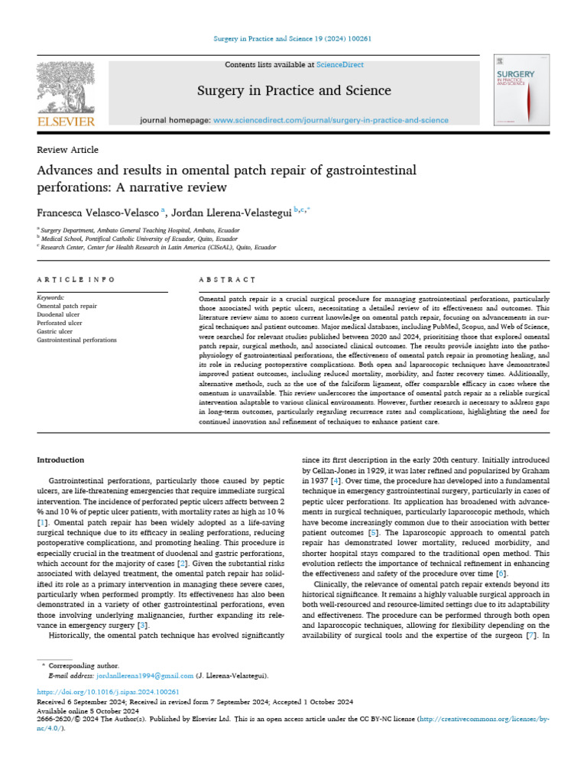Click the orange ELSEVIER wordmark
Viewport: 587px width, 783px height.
tap(66, 122)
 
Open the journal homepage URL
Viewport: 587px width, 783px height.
tap(330, 121)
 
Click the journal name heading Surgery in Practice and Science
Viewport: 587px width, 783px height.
tap(293, 91)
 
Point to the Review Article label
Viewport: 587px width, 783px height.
tap(67, 150)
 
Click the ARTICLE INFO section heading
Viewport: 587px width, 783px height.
tap(76, 280)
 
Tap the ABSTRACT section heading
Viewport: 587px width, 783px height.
tap(226, 280)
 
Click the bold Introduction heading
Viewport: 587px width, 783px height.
tap(60, 460)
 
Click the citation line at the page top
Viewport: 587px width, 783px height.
tap(293, 39)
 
